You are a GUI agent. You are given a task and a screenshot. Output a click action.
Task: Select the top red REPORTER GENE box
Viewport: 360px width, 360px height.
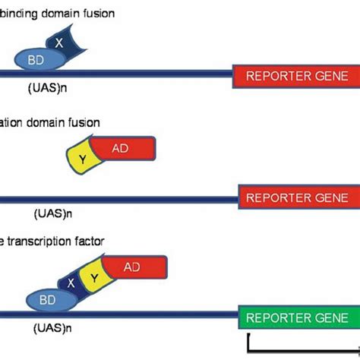pos(295,75)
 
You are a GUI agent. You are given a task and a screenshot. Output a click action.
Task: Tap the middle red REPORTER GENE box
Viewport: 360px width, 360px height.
pos(298,196)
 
